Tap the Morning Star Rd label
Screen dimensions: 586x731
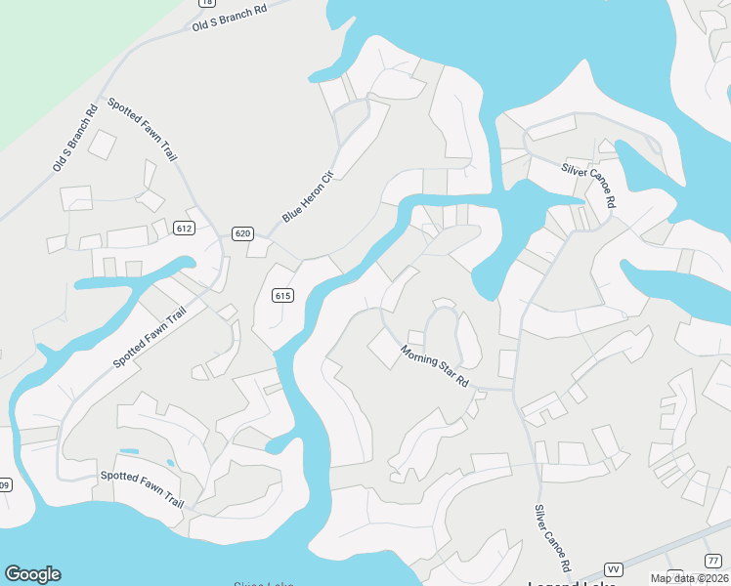pyautogui.click(x=434, y=365)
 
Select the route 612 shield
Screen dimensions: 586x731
pyautogui.click(x=185, y=228)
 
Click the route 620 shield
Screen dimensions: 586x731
pyautogui.click(x=243, y=233)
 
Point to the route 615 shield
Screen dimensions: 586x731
pyautogui.click(x=282, y=296)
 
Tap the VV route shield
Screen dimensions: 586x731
pyautogui.click(x=614, y=568)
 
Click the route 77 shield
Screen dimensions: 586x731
pyautogui.click(x=712, y=560)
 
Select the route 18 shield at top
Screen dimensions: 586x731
pyautogui.click(x=207, y=3)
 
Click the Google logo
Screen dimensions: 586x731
pyautogui.click(x=32, y=574)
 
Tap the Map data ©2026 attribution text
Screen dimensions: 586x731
pyautogui.click(x=689, y=578)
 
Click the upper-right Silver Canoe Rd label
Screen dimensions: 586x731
pyautogui.click(x=589, y=185)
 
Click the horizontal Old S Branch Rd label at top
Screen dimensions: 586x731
pyautogui.click(x=230, y=19)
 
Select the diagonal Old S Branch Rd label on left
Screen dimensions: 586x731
pyautogui.click(x=75, y=137)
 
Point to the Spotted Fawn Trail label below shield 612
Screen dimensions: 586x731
pyautogui.click(x=150, y=337)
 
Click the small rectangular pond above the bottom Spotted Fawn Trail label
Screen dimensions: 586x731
pyautogui.click(x=128, y=451)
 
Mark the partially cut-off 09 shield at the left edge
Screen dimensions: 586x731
pyautogui.click(x=4, y=484)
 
